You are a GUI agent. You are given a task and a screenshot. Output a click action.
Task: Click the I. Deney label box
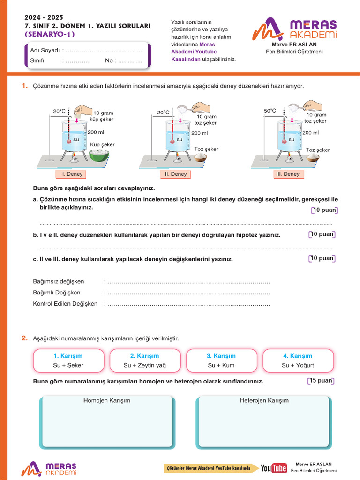(x=72, y=174)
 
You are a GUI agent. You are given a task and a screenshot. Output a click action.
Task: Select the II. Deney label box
(x=176, y=174)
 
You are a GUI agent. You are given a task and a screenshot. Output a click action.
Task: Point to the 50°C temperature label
(x=270, y=111)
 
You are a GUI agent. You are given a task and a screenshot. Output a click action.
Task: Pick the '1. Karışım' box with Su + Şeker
(x=68, y=360)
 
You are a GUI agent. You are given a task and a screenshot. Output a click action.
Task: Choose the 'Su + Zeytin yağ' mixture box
(x=144, y=360)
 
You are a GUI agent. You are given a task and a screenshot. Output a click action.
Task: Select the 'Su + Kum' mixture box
(x=221, y=360)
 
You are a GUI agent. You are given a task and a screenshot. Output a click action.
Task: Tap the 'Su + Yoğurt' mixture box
(x=298, y=360)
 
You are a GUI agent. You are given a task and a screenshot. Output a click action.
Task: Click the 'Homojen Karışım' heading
(x=106, y=401)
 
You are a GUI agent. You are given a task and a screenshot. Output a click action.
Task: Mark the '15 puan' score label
(x=321, y=381)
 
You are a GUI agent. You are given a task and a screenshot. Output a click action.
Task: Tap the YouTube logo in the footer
(x=274, y=468)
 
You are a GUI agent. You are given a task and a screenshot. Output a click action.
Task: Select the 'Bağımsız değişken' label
(x=59, y=281)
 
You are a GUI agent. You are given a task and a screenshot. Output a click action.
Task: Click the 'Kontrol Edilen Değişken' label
(x=65, y=304)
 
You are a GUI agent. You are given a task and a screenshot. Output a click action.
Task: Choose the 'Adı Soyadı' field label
(x=45, y=51)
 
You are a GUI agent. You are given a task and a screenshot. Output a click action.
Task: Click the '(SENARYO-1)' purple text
(x=49, y=34)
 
